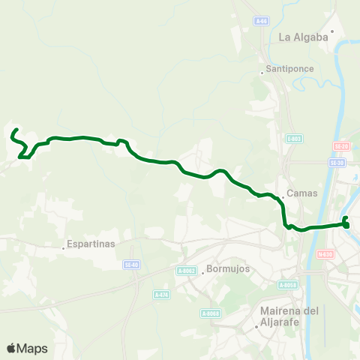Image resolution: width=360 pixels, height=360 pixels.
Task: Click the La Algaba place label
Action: coord(304,36)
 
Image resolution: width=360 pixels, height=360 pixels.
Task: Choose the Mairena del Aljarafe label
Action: coord(289,316)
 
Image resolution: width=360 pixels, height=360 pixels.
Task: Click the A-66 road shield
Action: coord(260,21)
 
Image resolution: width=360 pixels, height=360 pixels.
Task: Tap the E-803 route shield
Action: coord(294,138)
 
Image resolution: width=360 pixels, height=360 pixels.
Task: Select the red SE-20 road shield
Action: coord(340,145)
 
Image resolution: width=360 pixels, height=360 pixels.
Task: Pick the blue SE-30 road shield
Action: coord(337,162)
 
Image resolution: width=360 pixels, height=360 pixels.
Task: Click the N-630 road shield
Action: coord(325,253)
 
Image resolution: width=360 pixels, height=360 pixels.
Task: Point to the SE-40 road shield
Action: coord(133,264)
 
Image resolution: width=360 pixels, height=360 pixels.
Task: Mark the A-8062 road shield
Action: coord(187,271)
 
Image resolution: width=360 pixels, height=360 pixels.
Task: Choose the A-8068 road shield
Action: coord(210,313)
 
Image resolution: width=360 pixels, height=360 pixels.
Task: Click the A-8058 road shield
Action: coord(288,284)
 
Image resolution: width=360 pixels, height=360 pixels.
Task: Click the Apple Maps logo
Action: coord(27,348)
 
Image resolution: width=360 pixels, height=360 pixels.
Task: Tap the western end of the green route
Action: coord(13,132)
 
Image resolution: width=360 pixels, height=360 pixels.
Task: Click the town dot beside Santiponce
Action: coord(261,73)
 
